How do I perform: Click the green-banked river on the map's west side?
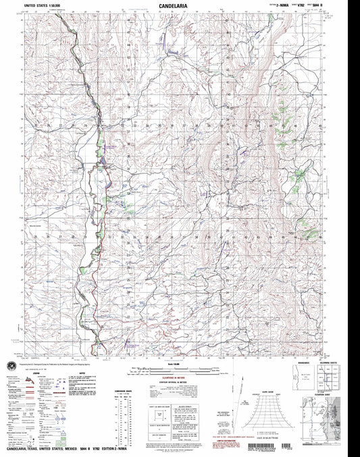click(101, 196)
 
